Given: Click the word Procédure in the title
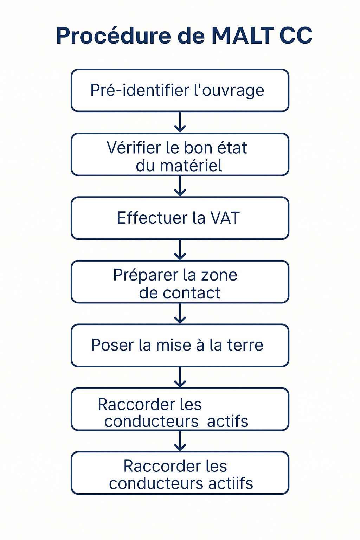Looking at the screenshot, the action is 114,35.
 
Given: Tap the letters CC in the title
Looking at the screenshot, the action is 296,36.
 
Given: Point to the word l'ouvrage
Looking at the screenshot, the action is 229,91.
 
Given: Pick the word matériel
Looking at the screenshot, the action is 191,166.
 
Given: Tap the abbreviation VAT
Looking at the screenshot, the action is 225,218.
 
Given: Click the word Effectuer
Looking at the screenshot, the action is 152,218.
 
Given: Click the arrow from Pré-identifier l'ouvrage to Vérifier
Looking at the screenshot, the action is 180,122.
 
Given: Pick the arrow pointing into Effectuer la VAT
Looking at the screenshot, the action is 180,186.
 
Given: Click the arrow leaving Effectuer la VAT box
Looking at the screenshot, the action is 180,250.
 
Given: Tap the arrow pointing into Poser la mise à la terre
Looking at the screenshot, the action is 180,313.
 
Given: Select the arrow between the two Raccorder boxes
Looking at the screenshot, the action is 180,441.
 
